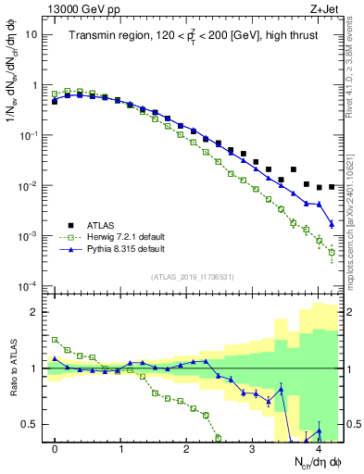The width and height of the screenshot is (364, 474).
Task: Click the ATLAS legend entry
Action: tap(102, 224)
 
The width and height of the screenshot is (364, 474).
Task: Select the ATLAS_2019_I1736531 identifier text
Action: tap(193, 276)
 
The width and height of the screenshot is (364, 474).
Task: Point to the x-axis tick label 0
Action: tap(55, 447)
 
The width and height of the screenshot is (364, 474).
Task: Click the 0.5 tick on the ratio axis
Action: tap(37, 425)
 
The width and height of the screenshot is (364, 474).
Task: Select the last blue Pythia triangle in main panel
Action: tap(332, 224)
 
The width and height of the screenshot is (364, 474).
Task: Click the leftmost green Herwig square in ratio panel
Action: tap(55, 340)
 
